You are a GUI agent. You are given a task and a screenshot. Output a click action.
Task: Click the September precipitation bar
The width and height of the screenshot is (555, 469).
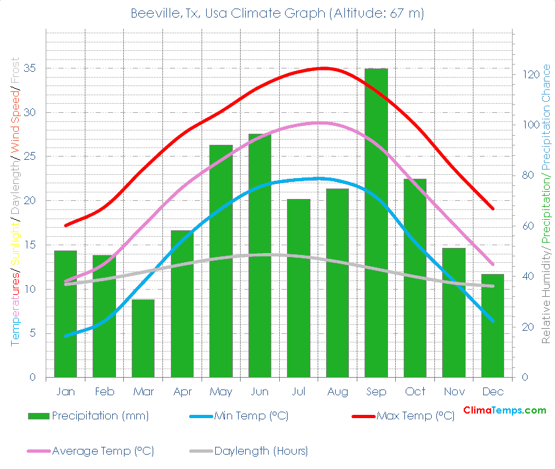pyautogui.click(x=376, y=222)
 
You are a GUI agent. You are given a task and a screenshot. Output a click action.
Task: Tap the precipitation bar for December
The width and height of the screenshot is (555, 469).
pyautogui.click(x=492, y=325)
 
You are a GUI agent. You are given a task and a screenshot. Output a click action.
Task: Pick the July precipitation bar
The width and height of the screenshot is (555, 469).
pyautogui.click(x=298, y=288)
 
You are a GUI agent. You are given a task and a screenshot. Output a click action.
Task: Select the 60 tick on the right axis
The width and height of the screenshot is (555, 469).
pyautogui.click(x=527, y=226)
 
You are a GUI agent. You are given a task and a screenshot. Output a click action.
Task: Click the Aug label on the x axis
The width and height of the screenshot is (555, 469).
pyautogui.click(x=337, y=391)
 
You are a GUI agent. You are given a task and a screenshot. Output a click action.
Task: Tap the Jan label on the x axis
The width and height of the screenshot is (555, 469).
pyautogui.click(x=65, y=391)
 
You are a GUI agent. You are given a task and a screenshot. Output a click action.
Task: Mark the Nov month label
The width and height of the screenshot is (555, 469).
pyautogui.click(x=454, y=391)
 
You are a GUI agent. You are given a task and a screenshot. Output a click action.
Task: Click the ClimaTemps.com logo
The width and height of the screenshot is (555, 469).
pyautogui.click(x=504, y=410)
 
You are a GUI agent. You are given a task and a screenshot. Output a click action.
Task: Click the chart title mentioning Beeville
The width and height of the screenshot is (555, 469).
pyautogui.click(x=277, y=13)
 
